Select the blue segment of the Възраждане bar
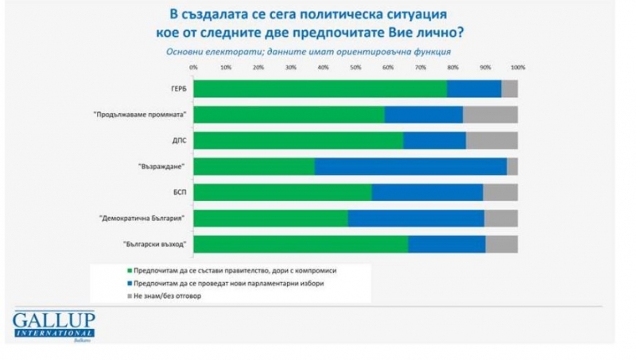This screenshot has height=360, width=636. (x=410, y=166)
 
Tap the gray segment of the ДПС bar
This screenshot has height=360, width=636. (x=491, y=141)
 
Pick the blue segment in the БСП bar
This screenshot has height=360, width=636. (x=427, y=192)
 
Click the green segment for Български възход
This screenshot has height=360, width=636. (x=301, y=244)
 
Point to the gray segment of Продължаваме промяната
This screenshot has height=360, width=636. (x=490, y=114)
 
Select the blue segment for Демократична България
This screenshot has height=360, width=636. (x=416, y=218)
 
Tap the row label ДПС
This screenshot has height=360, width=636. (x=179, y=141)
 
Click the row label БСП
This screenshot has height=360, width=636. (x=179, y=192)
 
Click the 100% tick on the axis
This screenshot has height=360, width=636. (x=518, y=68)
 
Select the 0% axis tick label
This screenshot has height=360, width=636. (x=193, y=68)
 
